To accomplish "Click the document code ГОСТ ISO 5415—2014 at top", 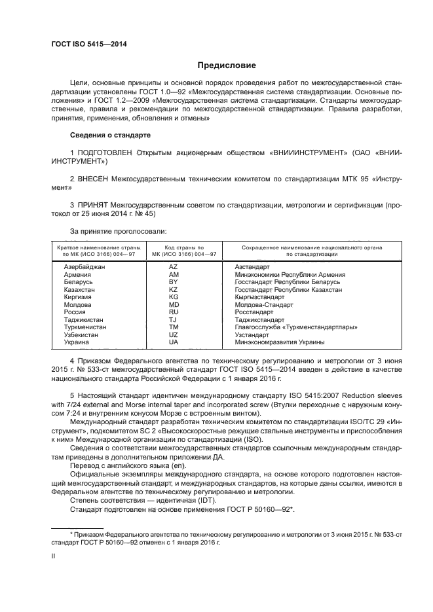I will click(88, 44).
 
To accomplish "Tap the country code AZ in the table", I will click(174, 267).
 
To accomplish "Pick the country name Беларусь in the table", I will click(78, 282).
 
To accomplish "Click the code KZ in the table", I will click(174, 289).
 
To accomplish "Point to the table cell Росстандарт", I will click(255, 312).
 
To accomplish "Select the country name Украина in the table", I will click(77, 342).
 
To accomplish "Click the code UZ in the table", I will click(174, 334).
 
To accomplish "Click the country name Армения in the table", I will click(77, 275).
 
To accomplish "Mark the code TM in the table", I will click(174, 327).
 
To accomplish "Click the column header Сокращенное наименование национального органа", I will click(312, 248).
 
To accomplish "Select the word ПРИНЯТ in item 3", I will click(92, 205).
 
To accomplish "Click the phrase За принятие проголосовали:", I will click(118, 230).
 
